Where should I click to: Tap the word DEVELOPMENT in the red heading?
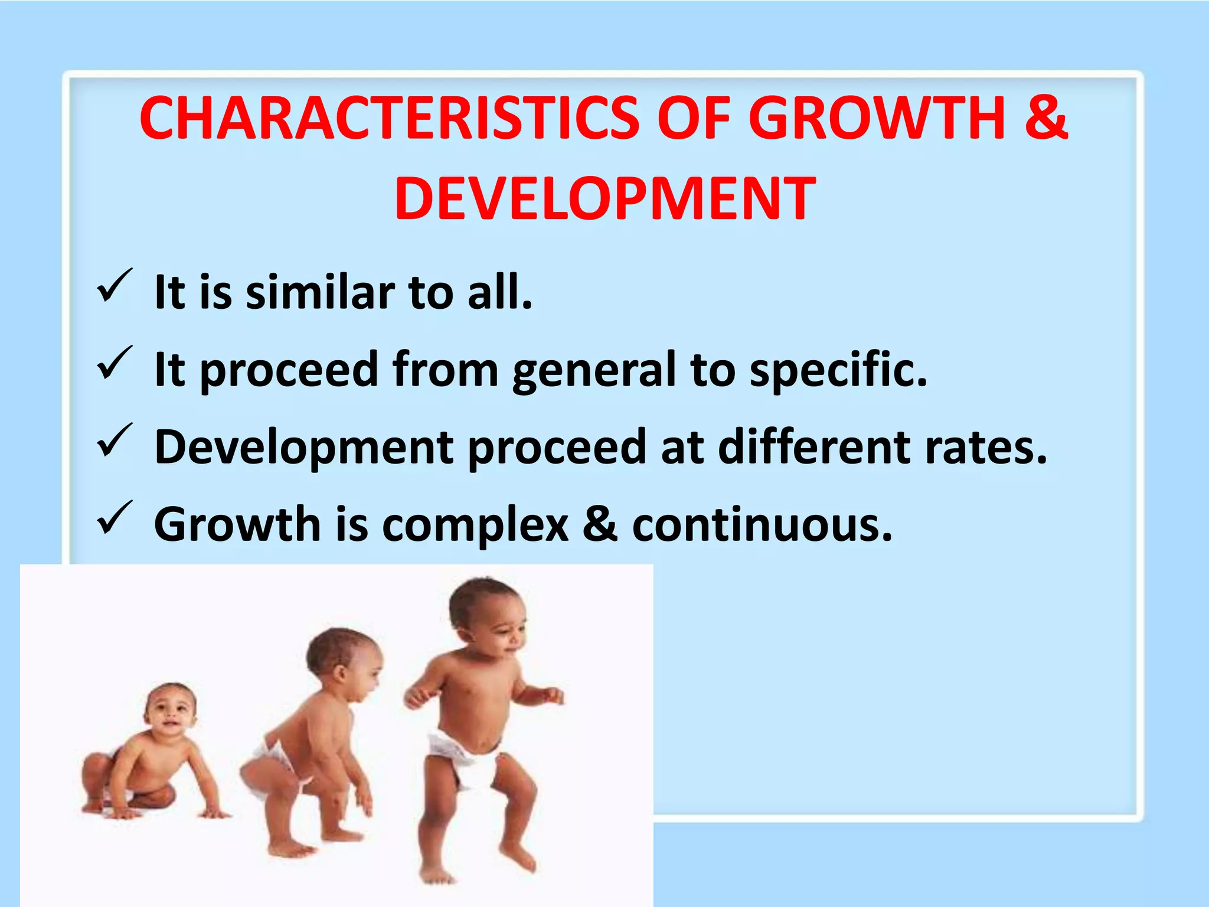(605, 200)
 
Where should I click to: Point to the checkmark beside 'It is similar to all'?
(114, 286)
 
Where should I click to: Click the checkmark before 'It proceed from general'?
(114, 363)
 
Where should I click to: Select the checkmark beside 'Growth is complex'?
(114, 518)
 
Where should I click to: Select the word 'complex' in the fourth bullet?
(475, 525)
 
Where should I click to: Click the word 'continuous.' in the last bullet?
(762, 524)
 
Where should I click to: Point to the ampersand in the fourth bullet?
(600, 524)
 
